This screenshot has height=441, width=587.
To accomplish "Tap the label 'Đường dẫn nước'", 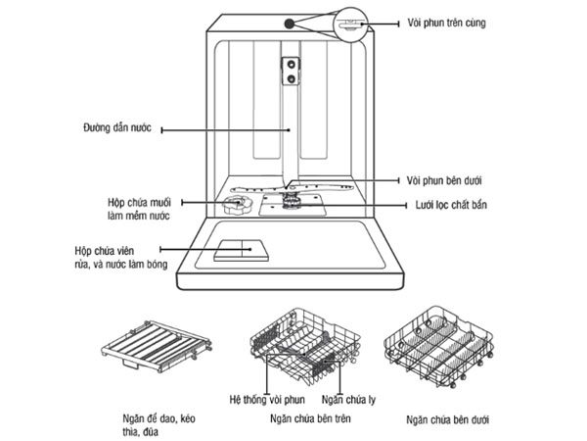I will (119, 127).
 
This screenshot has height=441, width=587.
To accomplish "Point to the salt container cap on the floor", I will (235, 206).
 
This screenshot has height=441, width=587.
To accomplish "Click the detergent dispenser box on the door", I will (236, 251).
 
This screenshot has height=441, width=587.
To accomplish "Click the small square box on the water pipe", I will (291, 67).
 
